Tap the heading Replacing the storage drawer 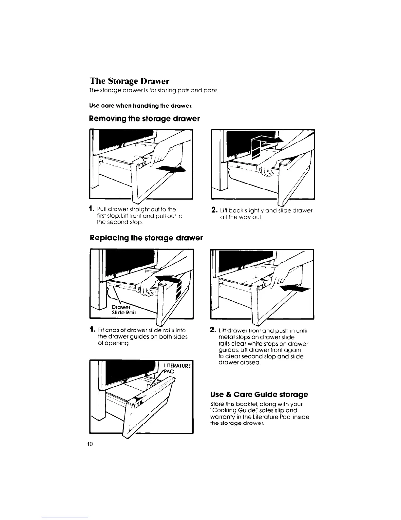[146, 238]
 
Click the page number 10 [90, 444]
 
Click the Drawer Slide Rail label [121, 310]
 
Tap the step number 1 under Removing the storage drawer [91, 209]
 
